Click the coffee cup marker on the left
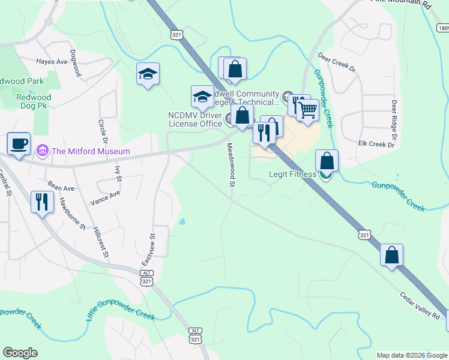pos(19,144)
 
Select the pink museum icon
pos(42,150)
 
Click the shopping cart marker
pos(307,110)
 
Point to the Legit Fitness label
pos(292,175)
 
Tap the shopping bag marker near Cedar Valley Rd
pos(391,255)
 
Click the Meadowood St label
pos(231,164)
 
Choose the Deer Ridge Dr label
pos(394,115)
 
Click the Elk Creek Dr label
pos(376,145)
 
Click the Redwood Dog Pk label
pos(34,102)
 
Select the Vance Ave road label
pos(105,197)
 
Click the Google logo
pos(20,353)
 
